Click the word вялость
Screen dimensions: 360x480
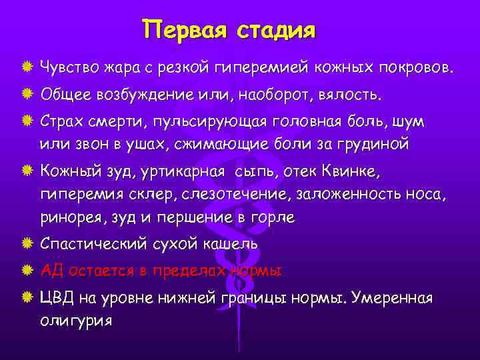coord(354,95)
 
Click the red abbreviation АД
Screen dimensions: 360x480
coord(51,271)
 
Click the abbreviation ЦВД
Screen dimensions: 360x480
coord(57,298)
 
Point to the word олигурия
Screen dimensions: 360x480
coord(75,319)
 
